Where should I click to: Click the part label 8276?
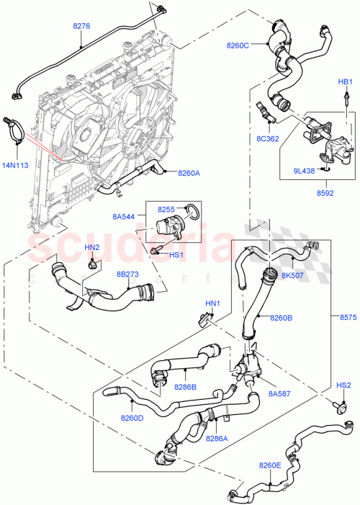click(x=81, y=27)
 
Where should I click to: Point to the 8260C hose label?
click(x=238, y=45)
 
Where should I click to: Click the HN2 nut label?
click(x=92, y=248)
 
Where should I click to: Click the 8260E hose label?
click(x=271, y=465)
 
